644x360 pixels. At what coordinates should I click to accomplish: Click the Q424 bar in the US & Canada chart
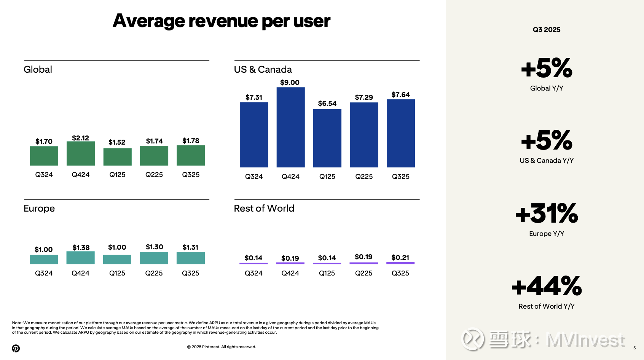pyautogui.click(x=290, y=127)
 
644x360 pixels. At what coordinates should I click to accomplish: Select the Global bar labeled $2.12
pyautogui.click(x=81, y=153)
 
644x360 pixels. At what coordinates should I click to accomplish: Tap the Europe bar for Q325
pyautogui.click(x=191, y=258)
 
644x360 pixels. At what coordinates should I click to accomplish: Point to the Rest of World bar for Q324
pyautogui.click(x=253, y=263)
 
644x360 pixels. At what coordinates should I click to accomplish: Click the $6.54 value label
pyautogui.click(x=327, y=104)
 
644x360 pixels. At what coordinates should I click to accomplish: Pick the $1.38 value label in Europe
pyautogui.click(x=81, y=248)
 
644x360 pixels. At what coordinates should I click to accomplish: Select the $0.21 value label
pyautogui.click(x=400, y=258)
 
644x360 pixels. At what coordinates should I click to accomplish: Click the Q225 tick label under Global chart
pyautogui.click(x=154, y=175)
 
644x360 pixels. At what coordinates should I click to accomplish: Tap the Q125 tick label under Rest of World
pyautogui.click(x=327, y=273)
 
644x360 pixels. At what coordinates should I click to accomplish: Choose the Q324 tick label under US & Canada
pyautogui.click(x=254, y=177)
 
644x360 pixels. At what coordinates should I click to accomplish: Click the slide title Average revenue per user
pyautogui.click(x=221, y=21)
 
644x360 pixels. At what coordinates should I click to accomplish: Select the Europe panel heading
pyautogui.click(x=39, y=209)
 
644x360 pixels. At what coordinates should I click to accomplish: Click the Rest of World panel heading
pyautogui.click(x=264, y=209)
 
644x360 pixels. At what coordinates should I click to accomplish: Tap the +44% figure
pyautogui.click(x=547, y=286)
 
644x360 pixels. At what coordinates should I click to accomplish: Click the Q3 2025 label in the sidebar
pyautogui.click(x=547, y=30)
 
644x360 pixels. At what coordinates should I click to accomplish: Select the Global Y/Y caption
pyautogui.click(x=547, y=88)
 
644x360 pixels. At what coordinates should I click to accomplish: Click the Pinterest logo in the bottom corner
pyautogui.click(x=16, y=348)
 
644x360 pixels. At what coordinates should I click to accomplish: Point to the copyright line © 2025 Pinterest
pyautogui.click(x=222, y=347)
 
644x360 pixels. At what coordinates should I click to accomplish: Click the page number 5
pyautogui.click(x=634, y=348)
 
